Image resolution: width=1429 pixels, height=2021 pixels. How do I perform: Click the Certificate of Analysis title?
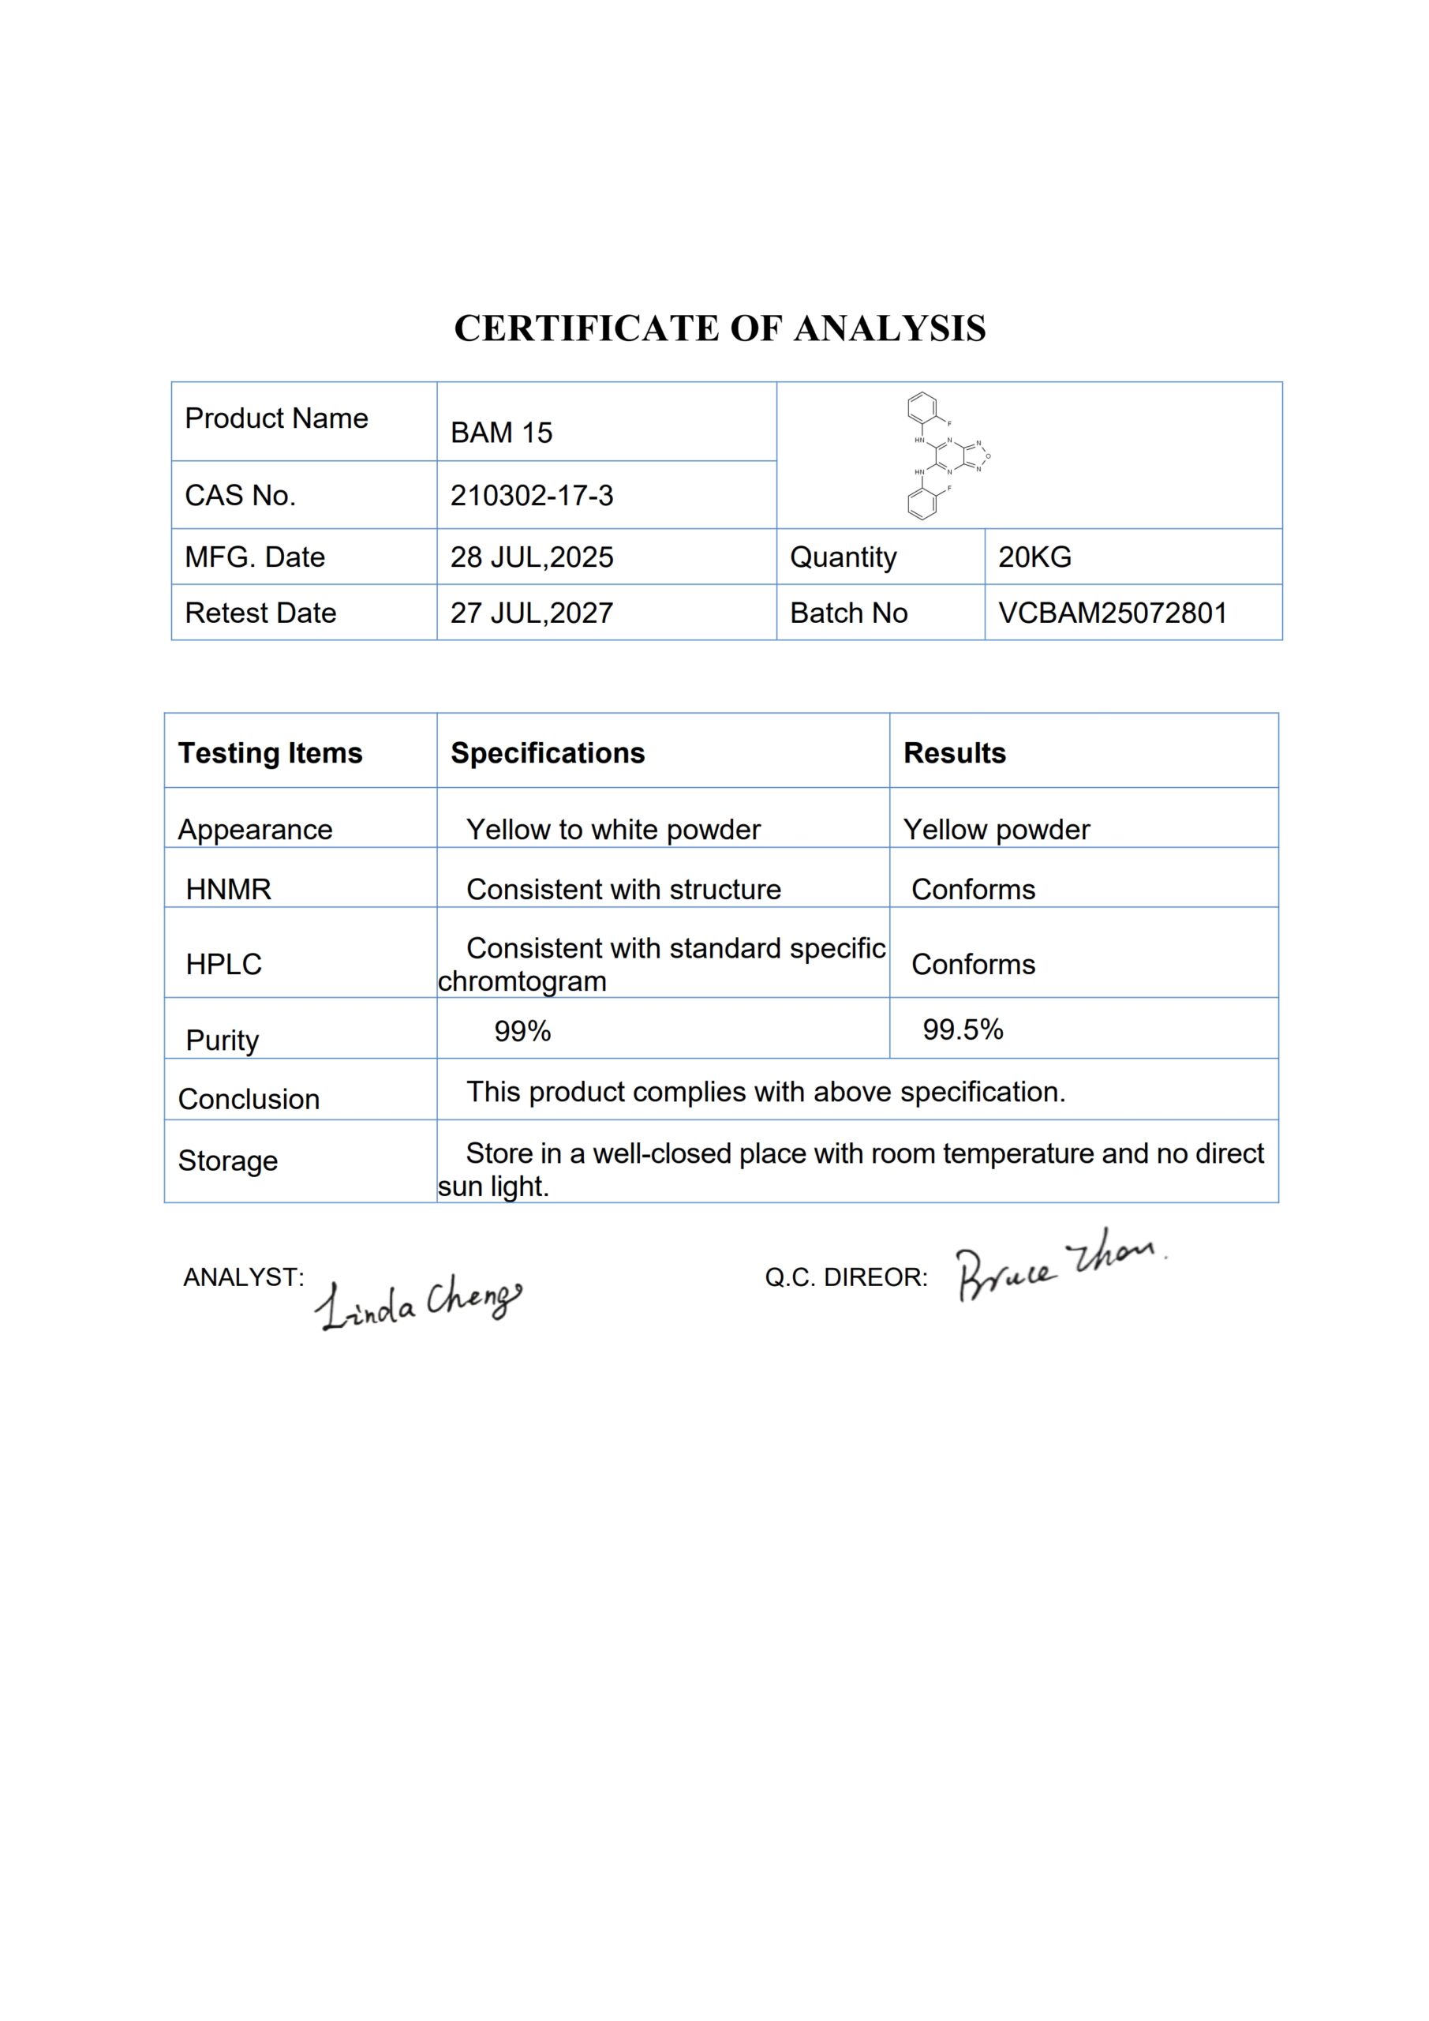pos(720,328)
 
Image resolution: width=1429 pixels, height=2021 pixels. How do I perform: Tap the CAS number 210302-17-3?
pos(532,496)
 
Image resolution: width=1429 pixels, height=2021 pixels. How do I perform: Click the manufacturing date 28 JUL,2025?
pos(532,557)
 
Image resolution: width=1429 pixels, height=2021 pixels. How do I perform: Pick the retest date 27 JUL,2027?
pos(532,613)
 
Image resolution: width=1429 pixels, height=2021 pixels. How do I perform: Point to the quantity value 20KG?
pos(1034,557)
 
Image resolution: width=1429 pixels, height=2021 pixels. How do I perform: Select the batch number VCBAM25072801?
pos(1113,613)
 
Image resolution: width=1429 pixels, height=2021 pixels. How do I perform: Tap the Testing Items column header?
pos(270,752)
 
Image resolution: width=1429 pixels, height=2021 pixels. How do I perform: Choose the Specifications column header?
pos(548,752)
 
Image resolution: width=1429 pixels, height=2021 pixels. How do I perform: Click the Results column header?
pos(955,752)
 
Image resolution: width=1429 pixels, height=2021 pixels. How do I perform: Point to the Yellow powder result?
pos(996,829)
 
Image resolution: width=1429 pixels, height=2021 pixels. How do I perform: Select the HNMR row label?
pos(228,889)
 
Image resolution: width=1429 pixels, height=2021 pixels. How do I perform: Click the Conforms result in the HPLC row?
pos(973,964)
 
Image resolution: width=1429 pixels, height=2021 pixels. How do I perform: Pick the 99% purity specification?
pos(522,1031)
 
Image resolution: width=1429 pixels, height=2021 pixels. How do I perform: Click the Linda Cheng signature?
pos(418,1301)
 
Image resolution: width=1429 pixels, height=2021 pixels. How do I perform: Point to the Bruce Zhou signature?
pos(1060,1265)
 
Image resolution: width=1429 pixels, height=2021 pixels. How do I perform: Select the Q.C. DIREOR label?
pos(846,1277)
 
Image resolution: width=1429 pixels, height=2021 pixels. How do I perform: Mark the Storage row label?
pos(228,1160)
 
